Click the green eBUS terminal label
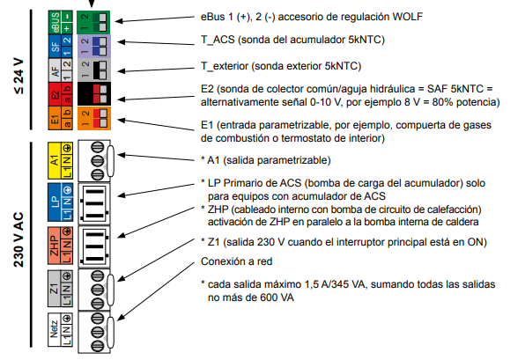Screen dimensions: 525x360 60,22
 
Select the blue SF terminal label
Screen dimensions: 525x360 60,46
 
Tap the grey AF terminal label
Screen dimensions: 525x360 60,70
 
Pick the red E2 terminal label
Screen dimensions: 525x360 60,94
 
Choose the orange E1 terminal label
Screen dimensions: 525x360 60,118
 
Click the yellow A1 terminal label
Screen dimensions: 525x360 60,160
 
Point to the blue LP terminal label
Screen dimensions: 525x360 60,202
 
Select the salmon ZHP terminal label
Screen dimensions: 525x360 60,246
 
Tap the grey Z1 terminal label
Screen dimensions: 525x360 60,289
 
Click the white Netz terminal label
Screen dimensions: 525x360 60,329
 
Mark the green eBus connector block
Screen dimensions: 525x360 93,22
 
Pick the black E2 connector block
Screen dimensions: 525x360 94,94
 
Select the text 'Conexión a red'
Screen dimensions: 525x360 236,261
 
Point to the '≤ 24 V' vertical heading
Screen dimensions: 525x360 19,76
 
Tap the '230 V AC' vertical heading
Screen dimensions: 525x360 19,239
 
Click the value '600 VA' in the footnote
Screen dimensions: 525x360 274,298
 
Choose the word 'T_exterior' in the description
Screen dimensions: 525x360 225,66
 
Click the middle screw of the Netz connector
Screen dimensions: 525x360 98,332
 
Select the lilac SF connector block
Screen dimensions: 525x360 94,46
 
